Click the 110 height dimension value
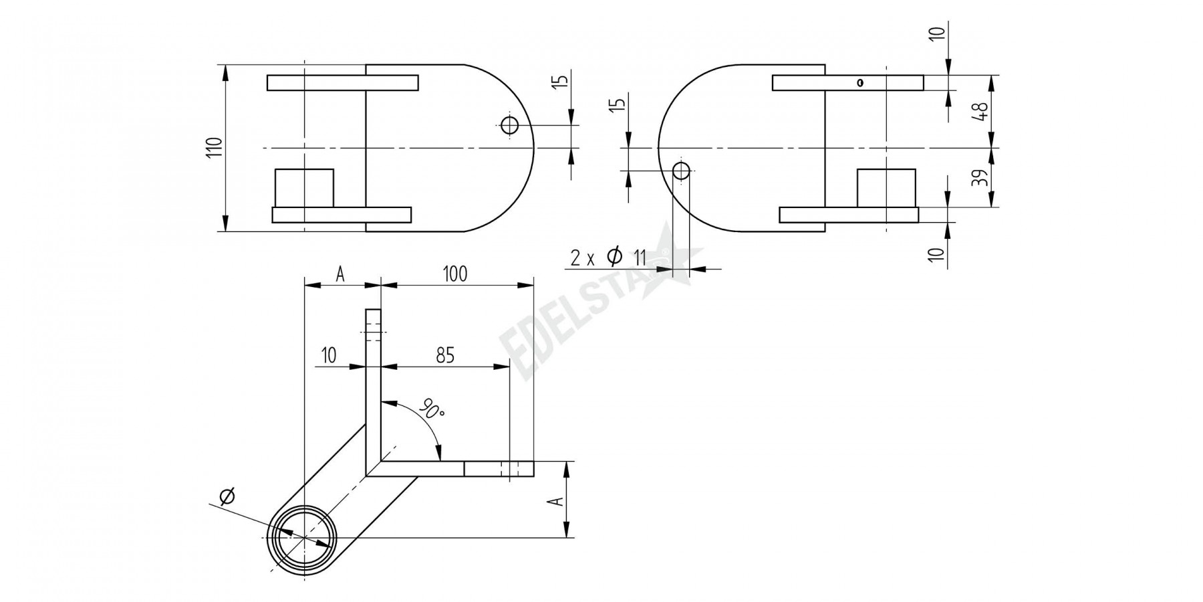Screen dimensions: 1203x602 click(213, 147)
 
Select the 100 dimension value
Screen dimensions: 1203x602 click(455, 274)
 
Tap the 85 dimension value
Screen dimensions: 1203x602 click(445, 355)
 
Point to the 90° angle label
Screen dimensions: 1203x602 click(432, 408)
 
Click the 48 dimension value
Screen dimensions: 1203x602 click(980, 111)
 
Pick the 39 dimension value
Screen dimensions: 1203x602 click(980, 177)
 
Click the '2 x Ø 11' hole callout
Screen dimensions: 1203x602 click(608, 257)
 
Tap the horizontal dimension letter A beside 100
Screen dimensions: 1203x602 click(340, 274)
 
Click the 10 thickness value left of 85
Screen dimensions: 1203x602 click(328, 355)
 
